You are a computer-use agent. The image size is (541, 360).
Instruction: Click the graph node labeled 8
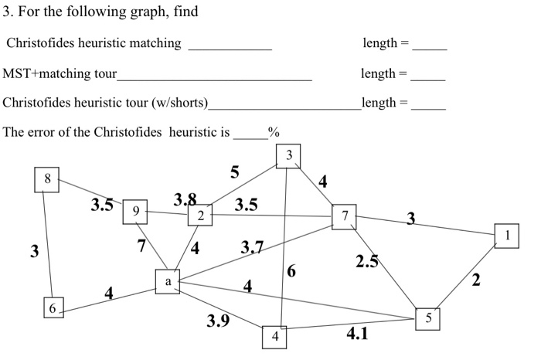click(48, 179)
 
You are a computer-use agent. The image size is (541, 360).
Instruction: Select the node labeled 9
click(135, 210)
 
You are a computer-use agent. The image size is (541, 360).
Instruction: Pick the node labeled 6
click(53, 307)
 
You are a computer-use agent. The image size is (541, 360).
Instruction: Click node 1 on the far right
click(507, 235)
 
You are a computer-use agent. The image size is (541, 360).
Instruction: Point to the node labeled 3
click(288, 156)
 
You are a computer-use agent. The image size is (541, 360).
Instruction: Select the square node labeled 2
click(200, 215)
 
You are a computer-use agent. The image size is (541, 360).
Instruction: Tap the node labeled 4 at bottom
click(274, 338)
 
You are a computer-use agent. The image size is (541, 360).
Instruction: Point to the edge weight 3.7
click(252, 247)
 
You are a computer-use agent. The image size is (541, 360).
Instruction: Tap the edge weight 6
click(291, 270)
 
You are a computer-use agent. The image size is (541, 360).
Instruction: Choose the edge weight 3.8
click(185, 200)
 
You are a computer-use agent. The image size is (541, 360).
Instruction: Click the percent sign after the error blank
click(273, 132)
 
